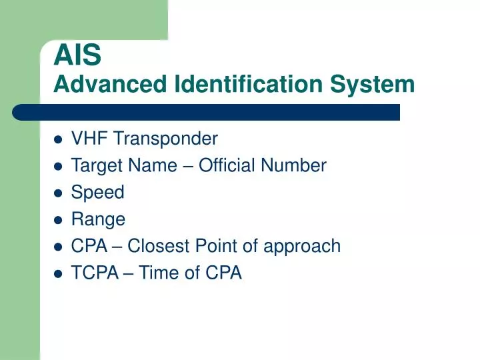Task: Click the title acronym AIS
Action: click(x=77, y=56)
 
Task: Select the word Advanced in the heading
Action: click(x=111, y=85)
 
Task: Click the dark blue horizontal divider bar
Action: click(x=207, y=112)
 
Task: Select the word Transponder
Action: click(x=165, y=139)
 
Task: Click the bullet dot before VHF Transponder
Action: click(x=58, y=139)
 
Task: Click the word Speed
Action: click(x=97, y=193)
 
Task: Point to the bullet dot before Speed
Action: click(x=58, y=193)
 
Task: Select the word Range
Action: click(x=98, y=219)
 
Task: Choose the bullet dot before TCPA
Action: click(x=58, y=273)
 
